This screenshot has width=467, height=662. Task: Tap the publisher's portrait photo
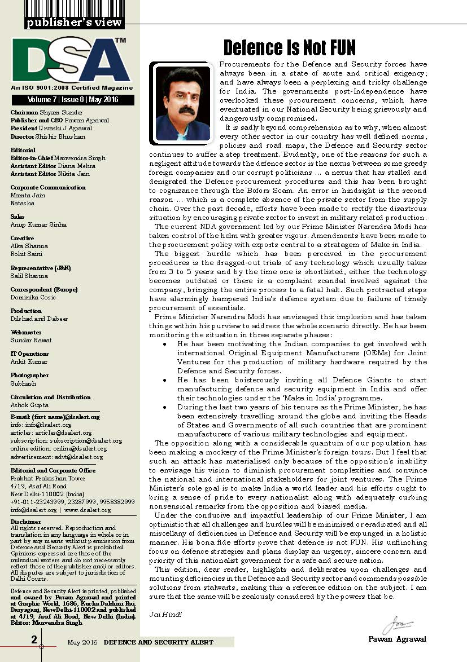point(182,103)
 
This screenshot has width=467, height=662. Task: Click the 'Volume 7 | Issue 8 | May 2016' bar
point(72,100)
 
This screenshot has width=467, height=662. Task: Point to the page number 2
point(34,639)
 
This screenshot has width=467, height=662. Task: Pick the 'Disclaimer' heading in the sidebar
point(26,522)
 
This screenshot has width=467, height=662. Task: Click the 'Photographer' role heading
point(29,375)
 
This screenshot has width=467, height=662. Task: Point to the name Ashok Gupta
point(29,405)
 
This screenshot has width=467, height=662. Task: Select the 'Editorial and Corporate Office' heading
point(53,470)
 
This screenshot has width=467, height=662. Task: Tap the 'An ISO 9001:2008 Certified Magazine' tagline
point(71,88)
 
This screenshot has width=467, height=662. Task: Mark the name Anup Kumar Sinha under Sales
point(38,224)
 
